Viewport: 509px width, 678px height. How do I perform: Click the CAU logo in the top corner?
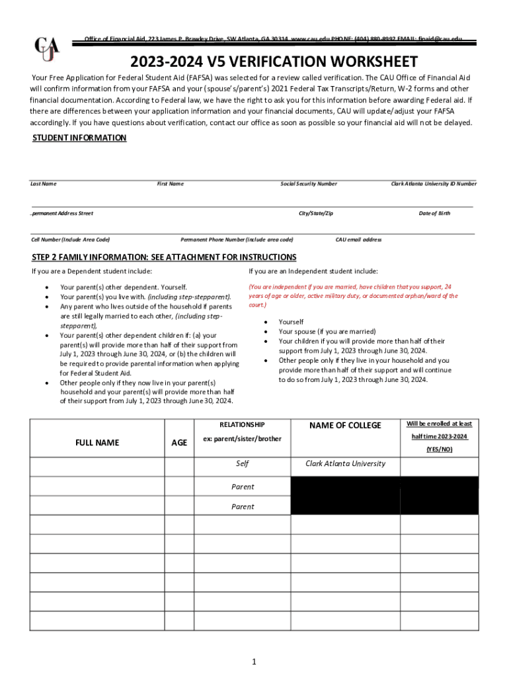tap(47, 50)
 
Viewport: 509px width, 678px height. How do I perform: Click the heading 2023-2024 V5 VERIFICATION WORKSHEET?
tap(274, 62)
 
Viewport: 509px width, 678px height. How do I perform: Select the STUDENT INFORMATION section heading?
tap(79, 138)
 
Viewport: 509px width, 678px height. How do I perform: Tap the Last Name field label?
tap(44, 183)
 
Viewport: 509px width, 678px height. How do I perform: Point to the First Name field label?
tap(170, 183)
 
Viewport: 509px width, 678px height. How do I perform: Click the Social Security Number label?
tap(308, 183)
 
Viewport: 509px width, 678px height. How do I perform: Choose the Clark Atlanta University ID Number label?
tap(433, 183)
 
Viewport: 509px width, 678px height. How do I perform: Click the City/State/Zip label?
tap(316, 213)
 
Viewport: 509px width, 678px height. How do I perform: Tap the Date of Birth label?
tap(434, 213)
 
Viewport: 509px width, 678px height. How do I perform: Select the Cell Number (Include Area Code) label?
tap(70, 239)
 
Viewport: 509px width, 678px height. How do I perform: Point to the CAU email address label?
tap(358, 239)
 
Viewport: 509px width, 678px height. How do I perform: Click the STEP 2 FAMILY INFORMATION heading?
tap(164, 257)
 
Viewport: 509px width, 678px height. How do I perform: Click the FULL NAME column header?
tap(97, 442)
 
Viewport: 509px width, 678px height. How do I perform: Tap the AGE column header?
tap(179, 442)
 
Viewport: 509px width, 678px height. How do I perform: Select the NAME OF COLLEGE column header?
tap(345, 425)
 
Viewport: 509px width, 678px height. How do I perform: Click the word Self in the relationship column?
tap(242, 463)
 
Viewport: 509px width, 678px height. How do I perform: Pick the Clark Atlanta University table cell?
tap(345, 463)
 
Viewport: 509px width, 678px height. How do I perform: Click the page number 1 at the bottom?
tap(254, 661)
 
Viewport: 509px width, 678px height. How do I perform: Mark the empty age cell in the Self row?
tap(179, 466)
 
